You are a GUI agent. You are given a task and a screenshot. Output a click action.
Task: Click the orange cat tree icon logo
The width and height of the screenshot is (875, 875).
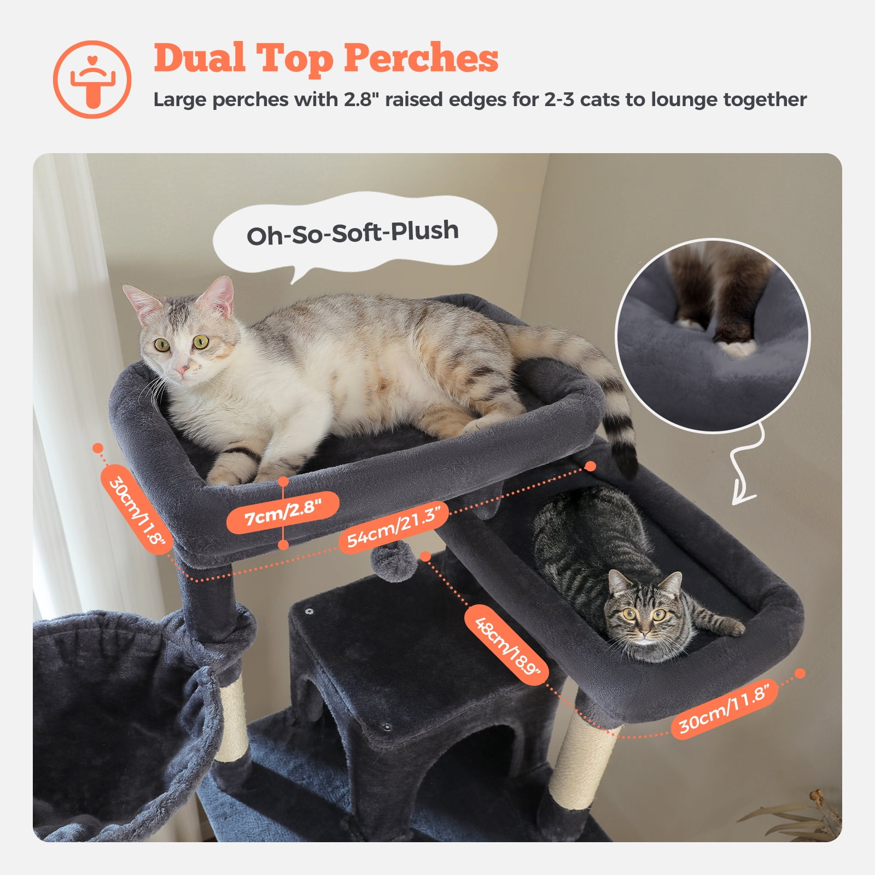(x=92, y=79)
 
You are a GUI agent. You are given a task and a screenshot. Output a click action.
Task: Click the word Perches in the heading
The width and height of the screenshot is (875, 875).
(x=421, y=58)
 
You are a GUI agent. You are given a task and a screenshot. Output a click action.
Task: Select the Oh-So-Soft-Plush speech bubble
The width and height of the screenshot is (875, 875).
(x=353, y=232)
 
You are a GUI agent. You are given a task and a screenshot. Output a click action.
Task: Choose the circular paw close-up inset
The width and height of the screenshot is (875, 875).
(x=713, y=335)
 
